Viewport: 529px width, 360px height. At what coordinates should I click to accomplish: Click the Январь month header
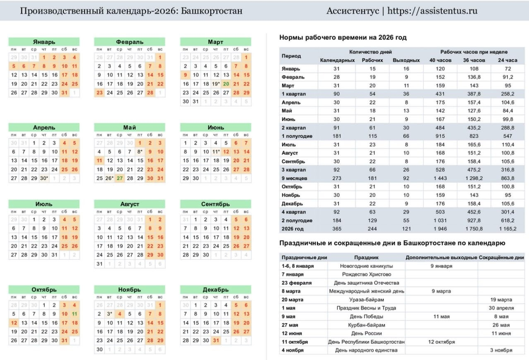[44, 42]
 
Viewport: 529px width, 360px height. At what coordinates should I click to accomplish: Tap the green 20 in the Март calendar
[226, 84]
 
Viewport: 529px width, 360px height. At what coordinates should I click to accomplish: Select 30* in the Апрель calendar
[44, 178]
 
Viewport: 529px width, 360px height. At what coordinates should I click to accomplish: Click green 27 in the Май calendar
[119, 178]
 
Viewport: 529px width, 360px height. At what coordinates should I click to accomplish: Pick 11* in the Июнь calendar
[216, 152]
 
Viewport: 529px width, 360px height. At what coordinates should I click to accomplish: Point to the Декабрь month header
[215, 290]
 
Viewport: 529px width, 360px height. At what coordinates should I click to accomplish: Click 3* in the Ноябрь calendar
[109, 314]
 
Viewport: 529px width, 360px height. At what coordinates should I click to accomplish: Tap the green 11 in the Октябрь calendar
[74, 314]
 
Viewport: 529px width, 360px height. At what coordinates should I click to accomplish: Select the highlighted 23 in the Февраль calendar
[99, 93]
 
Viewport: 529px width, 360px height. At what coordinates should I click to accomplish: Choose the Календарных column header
[337, 60]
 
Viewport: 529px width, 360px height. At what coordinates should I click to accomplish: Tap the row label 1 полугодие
[297, 136]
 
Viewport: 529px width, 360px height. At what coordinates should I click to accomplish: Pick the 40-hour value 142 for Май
[440, 111]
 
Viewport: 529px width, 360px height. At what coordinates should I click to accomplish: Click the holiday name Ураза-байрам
[366, 300]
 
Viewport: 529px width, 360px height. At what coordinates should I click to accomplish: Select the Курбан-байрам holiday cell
[366, 325]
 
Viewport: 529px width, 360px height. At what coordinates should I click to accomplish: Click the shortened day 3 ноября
[500, 350]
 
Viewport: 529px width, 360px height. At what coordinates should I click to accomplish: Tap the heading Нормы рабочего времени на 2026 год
[343, 38]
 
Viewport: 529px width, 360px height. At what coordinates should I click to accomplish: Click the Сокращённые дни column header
[501, 257]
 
